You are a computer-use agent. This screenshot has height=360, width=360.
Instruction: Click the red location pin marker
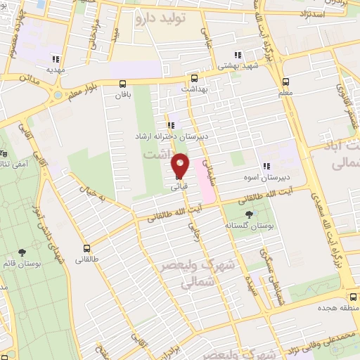coord(181,166)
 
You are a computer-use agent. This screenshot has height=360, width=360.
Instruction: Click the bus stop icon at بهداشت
coord(195,78)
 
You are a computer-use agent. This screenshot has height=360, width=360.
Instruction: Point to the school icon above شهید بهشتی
coord(238,54)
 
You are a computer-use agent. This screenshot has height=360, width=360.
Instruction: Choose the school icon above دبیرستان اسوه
coord(266,166)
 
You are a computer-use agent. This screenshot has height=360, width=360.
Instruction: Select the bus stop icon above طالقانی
coord(87,248)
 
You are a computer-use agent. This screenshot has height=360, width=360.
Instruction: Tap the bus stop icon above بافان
coord(123,83)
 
